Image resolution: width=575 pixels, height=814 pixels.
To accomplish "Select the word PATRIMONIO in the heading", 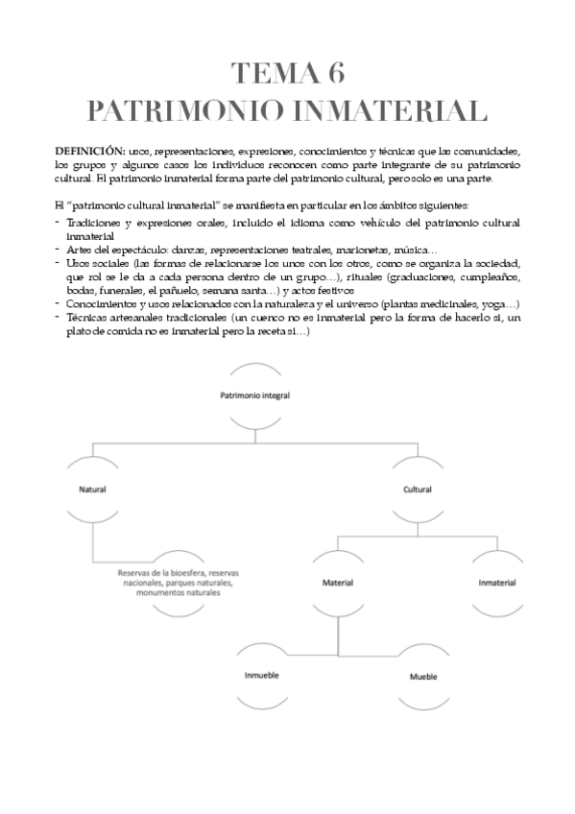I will pyautogui.click(x=183, y=109).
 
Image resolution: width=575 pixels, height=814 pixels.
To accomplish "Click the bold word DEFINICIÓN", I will pyautogui.click(x=89, y=152).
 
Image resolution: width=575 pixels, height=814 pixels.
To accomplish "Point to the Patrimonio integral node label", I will pyautogui.click(x=254, y=395).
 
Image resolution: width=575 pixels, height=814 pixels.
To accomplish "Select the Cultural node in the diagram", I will pyautogui.click(x=417, y=489).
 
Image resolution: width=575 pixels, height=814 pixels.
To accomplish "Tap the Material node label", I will pyautogui.click(x=337, y=583).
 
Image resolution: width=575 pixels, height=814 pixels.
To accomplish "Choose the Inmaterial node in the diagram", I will pyautogui.click(x=496, y=583).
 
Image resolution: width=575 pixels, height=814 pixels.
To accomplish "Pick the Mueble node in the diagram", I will pyautogui.click(x=423, y=676).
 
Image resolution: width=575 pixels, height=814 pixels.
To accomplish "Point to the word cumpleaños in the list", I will pyautogui.click(x=491, y=276).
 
